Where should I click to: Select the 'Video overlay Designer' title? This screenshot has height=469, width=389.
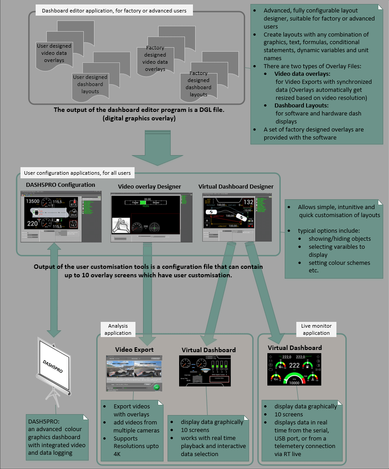[149, 186]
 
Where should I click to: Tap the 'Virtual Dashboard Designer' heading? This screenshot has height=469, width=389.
[236, 186]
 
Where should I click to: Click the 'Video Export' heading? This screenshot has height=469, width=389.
[134, 349]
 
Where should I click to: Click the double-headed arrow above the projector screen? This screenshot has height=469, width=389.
[54, 290]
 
